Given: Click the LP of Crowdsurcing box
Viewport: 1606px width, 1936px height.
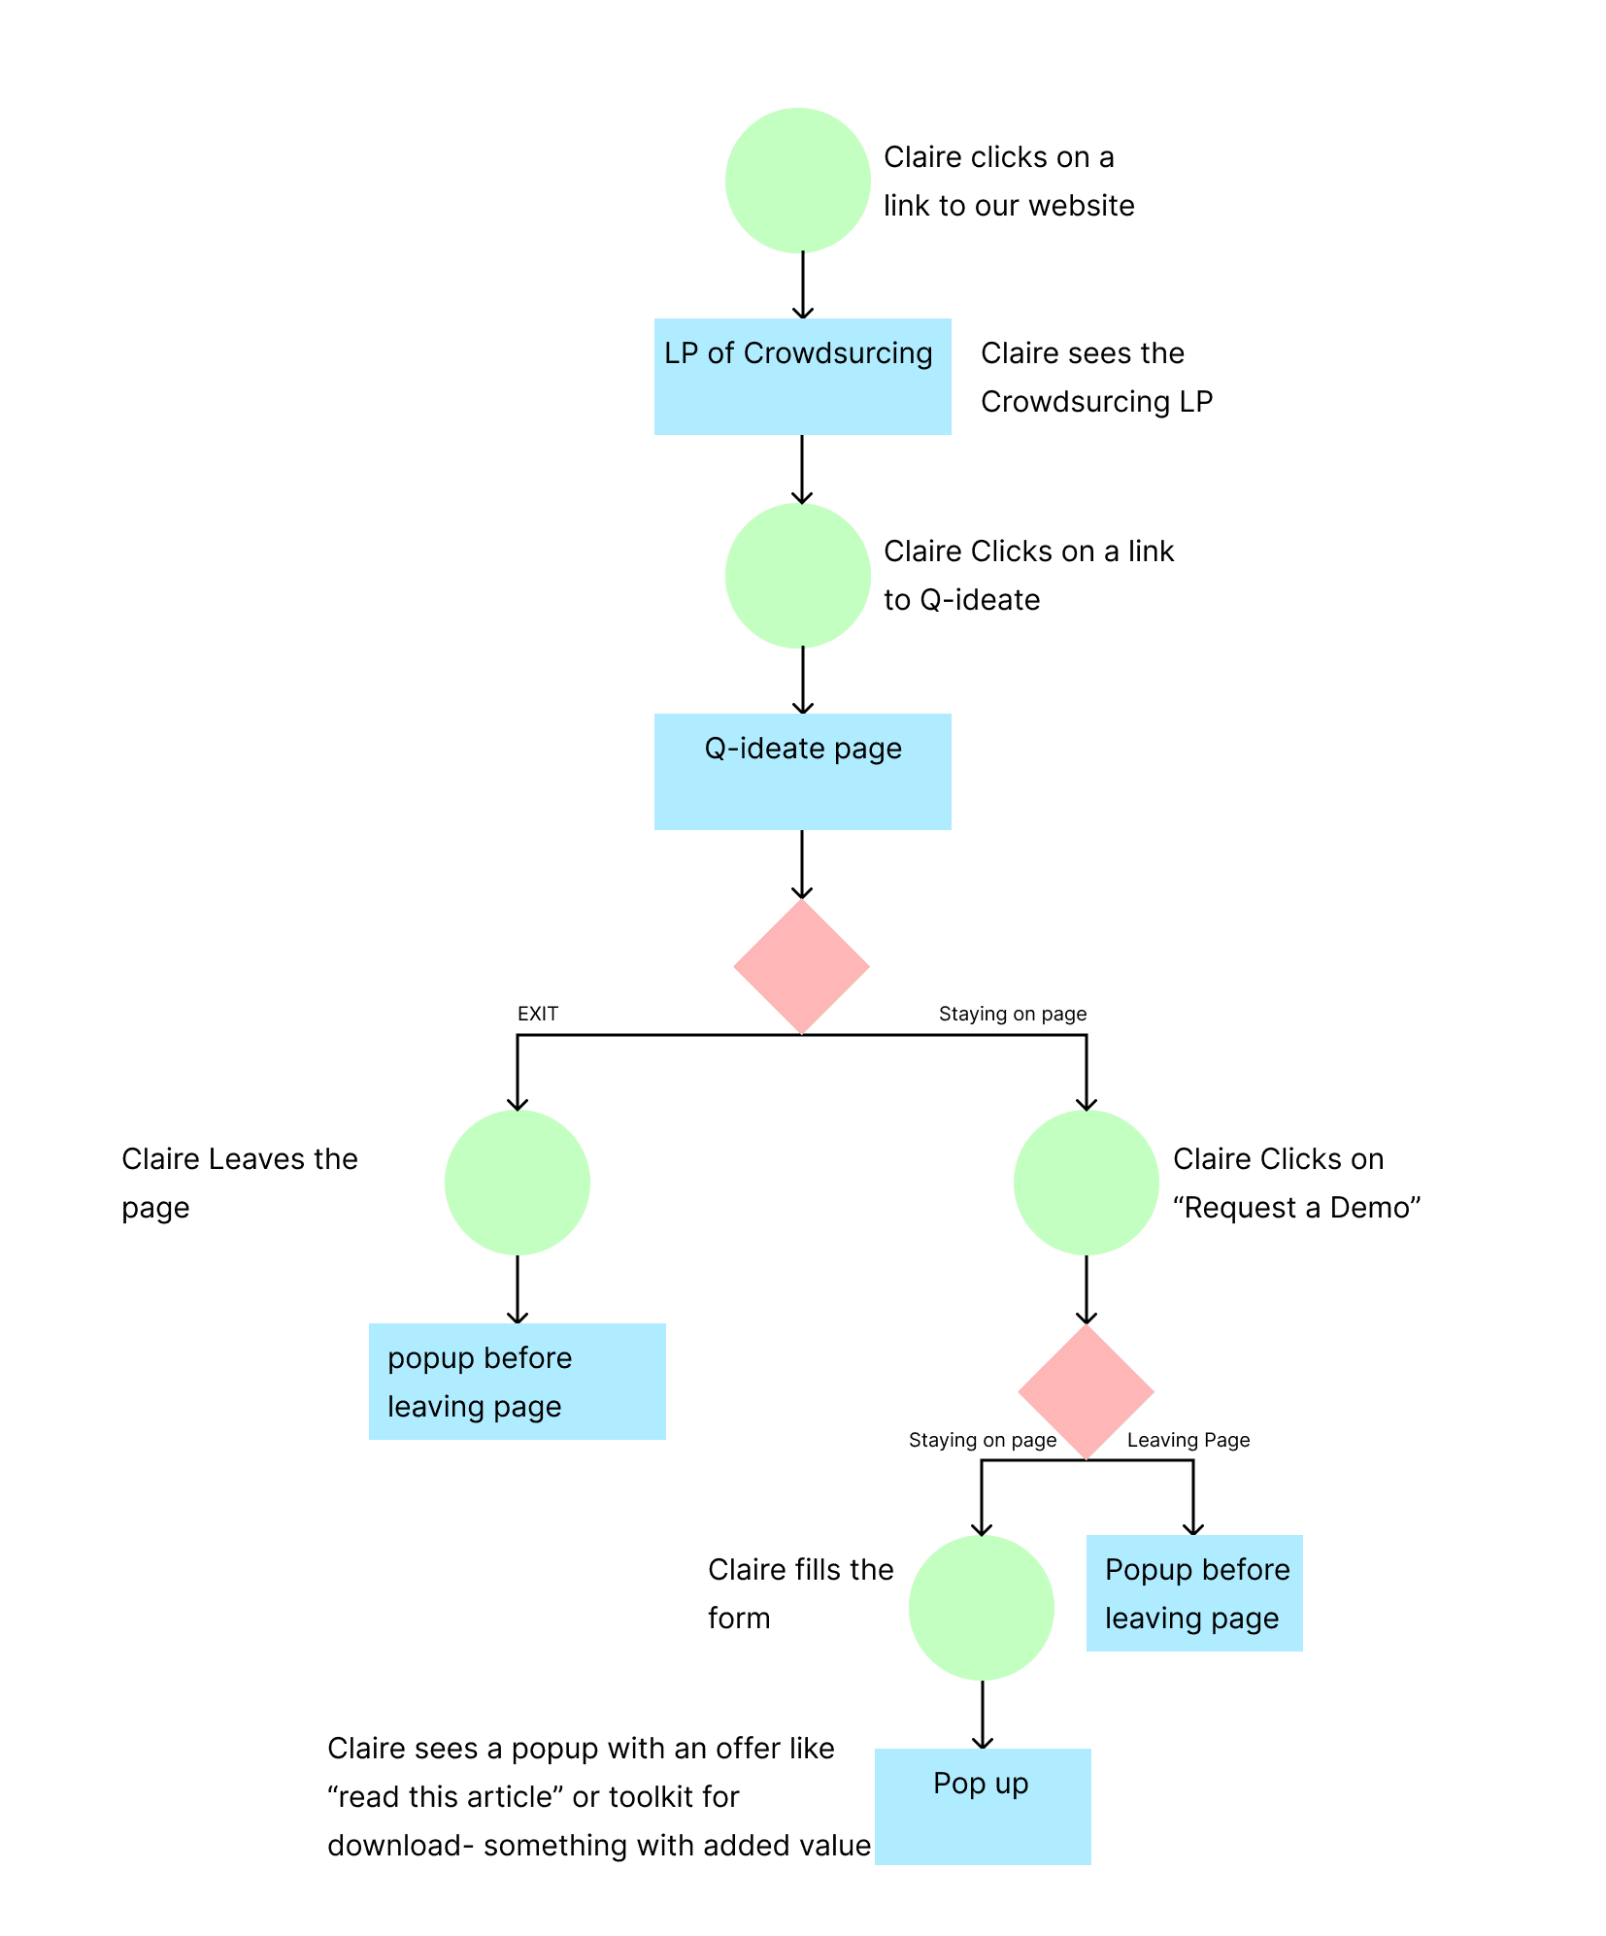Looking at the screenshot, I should point(802,377).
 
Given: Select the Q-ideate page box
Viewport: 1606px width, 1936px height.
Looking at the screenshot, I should point(802,772).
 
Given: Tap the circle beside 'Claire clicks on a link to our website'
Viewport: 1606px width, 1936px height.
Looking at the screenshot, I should point(797,181).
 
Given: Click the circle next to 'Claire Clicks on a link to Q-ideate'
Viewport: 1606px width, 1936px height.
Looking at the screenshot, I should point(797,576).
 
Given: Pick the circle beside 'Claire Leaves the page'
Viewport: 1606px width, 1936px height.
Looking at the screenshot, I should point(518,1183).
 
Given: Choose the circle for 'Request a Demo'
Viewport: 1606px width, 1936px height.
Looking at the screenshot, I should point(1087,1183).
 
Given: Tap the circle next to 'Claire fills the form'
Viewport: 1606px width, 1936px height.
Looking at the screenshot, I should point(982,1608).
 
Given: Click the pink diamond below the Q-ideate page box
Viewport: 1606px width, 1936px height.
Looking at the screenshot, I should point(802,966).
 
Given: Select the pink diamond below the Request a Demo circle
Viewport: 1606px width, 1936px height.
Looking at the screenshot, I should point(1087,1391).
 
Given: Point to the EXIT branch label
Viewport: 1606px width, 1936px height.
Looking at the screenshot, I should point(537,1014).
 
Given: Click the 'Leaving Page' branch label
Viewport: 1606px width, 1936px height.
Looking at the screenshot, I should point(1188,1440).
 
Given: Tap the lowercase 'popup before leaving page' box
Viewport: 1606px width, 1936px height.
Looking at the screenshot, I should point(518,1382).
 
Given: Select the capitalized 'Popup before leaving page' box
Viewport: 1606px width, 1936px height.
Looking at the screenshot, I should point(1194,1593).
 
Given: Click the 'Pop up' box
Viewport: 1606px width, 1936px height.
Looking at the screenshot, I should point(983,1807).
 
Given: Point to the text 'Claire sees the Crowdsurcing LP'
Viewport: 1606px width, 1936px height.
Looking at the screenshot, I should point(1095,378).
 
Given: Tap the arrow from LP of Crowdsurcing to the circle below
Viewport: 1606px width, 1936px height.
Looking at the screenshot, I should point(802,469).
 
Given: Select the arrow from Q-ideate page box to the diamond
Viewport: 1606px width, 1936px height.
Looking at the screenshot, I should point(802,864).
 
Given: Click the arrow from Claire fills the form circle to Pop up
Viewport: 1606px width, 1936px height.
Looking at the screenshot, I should point(983,1715).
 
